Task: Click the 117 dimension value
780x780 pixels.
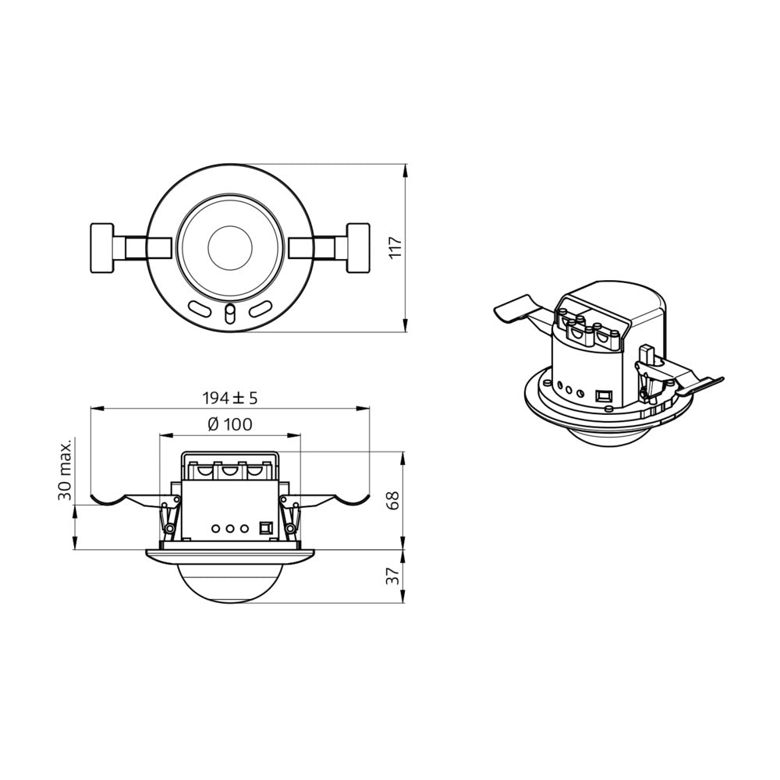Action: [395, 247]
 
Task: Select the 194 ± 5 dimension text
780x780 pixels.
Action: [230, 398]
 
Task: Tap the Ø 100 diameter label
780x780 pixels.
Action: [230, 425]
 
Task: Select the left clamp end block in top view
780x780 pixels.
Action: [102, 248]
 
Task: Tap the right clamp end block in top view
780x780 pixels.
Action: [358, 248]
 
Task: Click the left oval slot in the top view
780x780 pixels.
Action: [199, 310]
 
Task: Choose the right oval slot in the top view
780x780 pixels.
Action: [261, 310]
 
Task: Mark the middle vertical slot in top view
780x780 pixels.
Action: [229, 314]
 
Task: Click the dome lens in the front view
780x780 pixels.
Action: [230, 581]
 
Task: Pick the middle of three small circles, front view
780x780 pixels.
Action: [230, 528]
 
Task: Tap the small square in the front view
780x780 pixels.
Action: [264, 528]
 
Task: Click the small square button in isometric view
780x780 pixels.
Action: [603, 395]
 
